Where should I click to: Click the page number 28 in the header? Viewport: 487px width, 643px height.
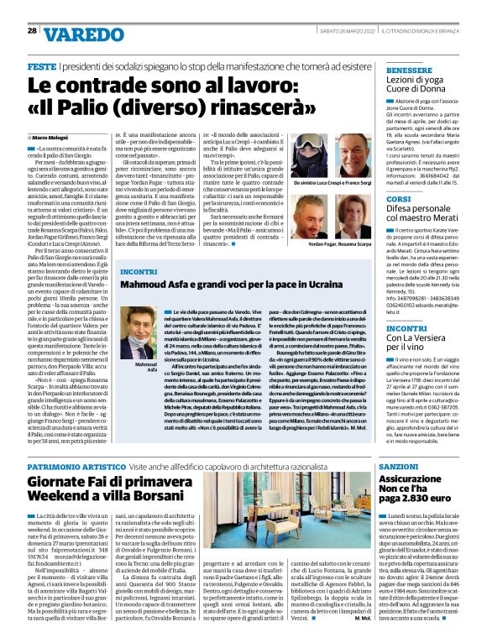pyautogui.click(x=32, y=30)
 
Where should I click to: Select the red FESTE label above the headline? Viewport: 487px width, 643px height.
pyautogui.click(x=42, y=65)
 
